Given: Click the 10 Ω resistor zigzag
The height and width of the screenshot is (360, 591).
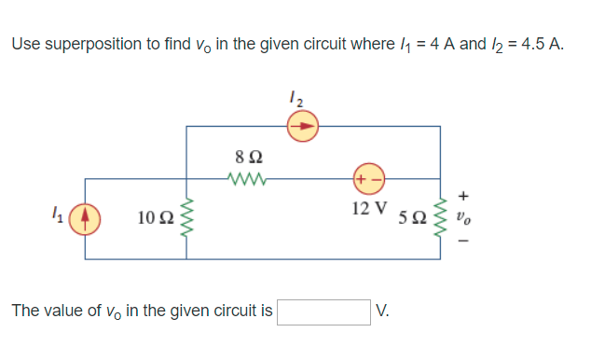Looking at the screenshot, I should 187,217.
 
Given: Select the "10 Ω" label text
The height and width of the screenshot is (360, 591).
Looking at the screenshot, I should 152,218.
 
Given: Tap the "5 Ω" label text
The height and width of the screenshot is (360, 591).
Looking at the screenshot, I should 412,218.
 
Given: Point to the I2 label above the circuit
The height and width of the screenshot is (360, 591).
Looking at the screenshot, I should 295,95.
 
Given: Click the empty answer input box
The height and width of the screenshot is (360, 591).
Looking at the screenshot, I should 323,311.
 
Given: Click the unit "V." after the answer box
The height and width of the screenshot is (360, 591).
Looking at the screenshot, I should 385,311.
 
